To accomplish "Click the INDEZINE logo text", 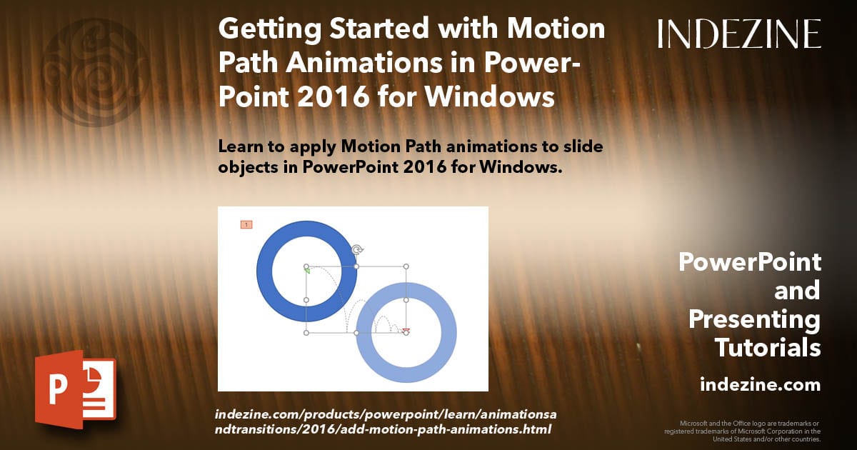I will pyautogui.click(x=739, y=34).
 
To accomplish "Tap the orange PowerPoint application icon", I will pyautogui.click(x=75, y=390).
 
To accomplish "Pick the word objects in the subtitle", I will pyautogui.click(x=246, y=169).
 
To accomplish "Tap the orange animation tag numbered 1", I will pyautogui.click(x=246, y=225).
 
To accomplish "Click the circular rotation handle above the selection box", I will pyautogui.click(x=357, y=249).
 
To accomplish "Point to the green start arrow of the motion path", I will pyautogui.click(x=307, y=270).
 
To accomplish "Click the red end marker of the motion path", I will pyautogui.click(x=406, y=331).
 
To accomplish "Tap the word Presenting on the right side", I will pyautogui.click(x=754, y=319).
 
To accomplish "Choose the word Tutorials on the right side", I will pyautogui.click(x=767, y=348).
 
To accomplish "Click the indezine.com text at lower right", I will pyautogui.click(x=760, y=385).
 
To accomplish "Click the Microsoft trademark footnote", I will pyautogui.click(x=742, y=431).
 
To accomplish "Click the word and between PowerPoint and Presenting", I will pyautogui.click(x=798, y=291).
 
